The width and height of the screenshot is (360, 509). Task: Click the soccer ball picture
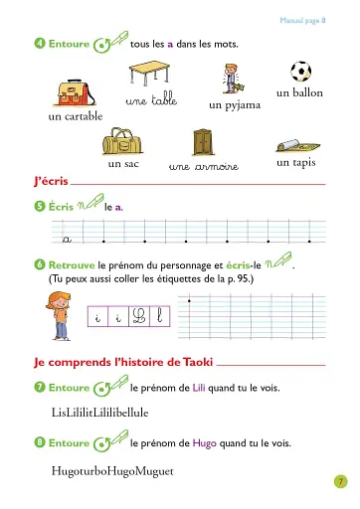(x=299, y=71)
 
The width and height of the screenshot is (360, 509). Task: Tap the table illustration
(x=151, y=77)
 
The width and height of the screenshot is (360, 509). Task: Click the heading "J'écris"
(x=50, y=183)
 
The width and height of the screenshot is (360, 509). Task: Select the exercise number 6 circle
(x=39, y=266)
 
